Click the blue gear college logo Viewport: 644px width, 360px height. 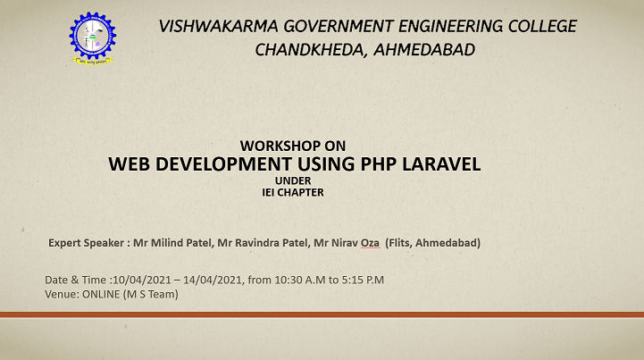pos(93,38)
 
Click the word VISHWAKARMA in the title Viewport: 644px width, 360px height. pos(218,26)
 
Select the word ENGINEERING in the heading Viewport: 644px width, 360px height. pos(450,26)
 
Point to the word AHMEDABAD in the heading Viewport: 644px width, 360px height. pos(424,50)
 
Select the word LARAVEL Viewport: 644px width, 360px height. pos(441,164)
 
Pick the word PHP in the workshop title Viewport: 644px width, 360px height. pos(379,164)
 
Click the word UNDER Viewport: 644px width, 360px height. pos(293,180)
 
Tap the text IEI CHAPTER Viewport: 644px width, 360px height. pos(293,192)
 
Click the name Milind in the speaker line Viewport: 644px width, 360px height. pos(167,243)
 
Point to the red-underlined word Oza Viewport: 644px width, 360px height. pos(370,243)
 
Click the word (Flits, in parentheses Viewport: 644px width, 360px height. pos(398,243)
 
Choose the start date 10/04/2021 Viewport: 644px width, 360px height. pos(142,280)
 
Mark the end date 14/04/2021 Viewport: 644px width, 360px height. pos(213,280)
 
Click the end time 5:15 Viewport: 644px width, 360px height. pos(353,280)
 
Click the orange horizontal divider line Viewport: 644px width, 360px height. pos(322,314)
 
